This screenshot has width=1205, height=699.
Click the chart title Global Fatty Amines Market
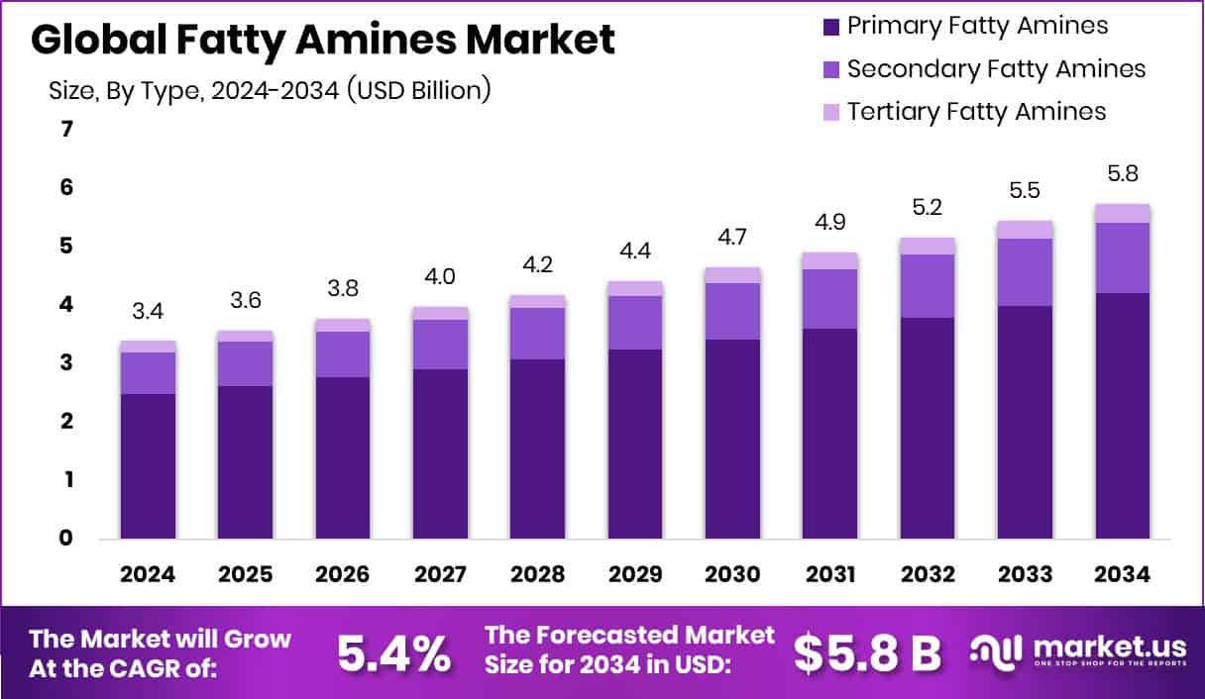[323, 40]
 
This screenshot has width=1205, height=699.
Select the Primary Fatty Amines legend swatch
[830, 26]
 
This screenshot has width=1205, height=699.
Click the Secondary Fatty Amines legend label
[996, 68]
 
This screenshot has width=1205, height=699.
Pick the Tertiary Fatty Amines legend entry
[976, 111]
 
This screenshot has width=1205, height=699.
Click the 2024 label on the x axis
[148, 575]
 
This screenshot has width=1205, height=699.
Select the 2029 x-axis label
[634, 575]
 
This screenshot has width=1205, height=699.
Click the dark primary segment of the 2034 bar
[1122, 416]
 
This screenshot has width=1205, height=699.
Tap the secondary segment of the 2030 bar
[732, 311]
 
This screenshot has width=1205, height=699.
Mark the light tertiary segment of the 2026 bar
[343, 325]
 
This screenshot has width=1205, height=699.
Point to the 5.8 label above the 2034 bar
[1122, 174]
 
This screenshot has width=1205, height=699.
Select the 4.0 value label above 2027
[440, 277]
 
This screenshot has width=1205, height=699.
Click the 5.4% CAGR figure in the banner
[393, 653]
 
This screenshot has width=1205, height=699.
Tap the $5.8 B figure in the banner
[867, 653]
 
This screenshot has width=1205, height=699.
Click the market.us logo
[1076, 650]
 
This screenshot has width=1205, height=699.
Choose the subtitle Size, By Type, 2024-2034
[270, 91]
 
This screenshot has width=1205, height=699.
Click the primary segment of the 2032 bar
[927, 428]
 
